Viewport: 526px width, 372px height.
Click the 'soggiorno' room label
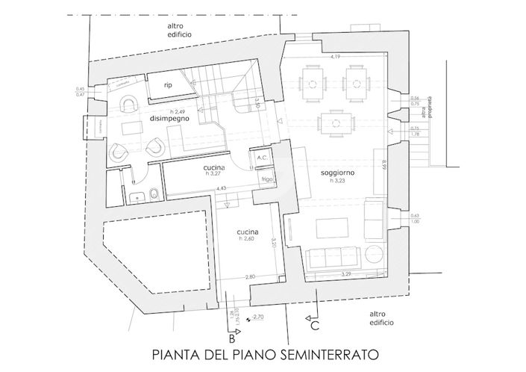pos(336,172)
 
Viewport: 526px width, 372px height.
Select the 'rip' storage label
pos(168,86)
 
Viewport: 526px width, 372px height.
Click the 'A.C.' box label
pos(262,158)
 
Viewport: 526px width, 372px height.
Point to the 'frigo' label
pos(265,180)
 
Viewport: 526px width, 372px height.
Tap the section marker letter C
pos(316,325)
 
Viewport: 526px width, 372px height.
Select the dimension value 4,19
pos(337,58)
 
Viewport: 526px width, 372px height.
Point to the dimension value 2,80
pos(251,276)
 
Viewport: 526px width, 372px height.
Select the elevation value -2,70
pos(258,317)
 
